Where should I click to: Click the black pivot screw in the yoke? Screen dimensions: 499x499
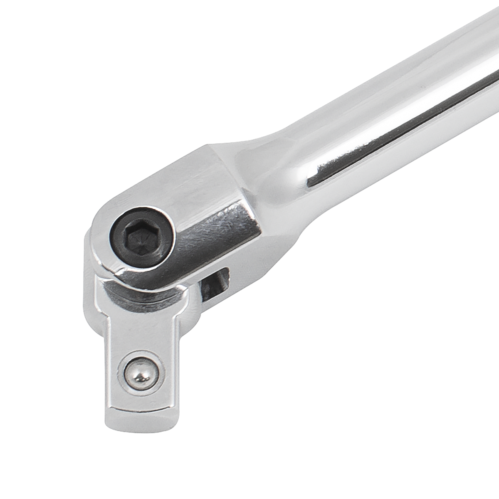[143, 238]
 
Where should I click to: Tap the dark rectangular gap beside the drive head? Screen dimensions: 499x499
[214, 285]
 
